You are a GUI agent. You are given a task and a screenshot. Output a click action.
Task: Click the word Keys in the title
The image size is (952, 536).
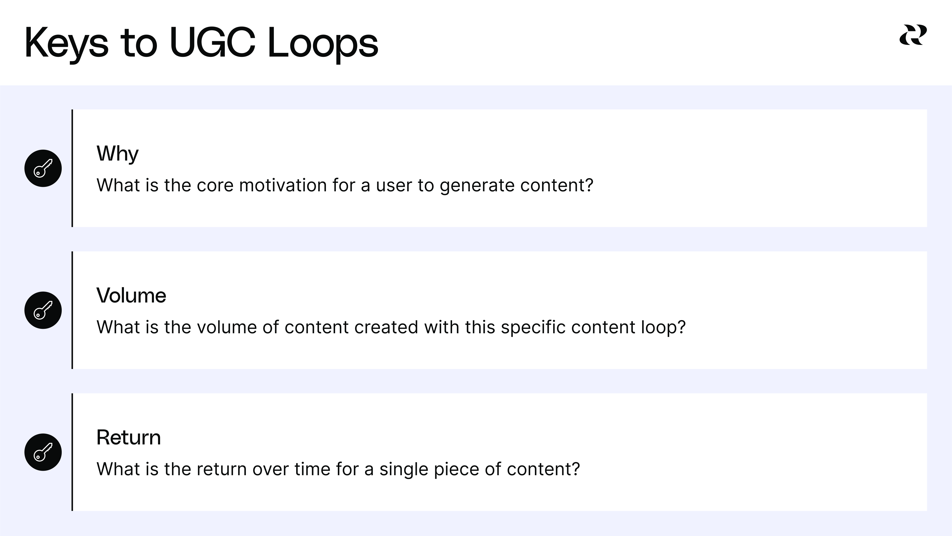(x=66, y=44)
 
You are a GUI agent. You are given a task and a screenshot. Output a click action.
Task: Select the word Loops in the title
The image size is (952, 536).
(x=323, y=44)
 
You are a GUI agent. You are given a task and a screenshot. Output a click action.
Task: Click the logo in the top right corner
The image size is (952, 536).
(x=913, y=35)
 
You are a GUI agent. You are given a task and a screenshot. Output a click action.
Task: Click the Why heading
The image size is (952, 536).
(x=117, y=154)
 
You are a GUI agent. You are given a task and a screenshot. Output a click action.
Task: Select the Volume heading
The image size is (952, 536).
(x=131, y=296)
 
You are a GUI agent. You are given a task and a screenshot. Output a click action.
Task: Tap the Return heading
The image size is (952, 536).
(x=129, y=437)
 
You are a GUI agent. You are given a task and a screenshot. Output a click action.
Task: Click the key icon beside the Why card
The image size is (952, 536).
(x=43, y=168)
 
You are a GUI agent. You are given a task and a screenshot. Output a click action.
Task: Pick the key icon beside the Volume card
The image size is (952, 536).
(x=43, y=310)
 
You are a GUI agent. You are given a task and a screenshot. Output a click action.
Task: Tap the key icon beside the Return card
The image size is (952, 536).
(x=43, y=452)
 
